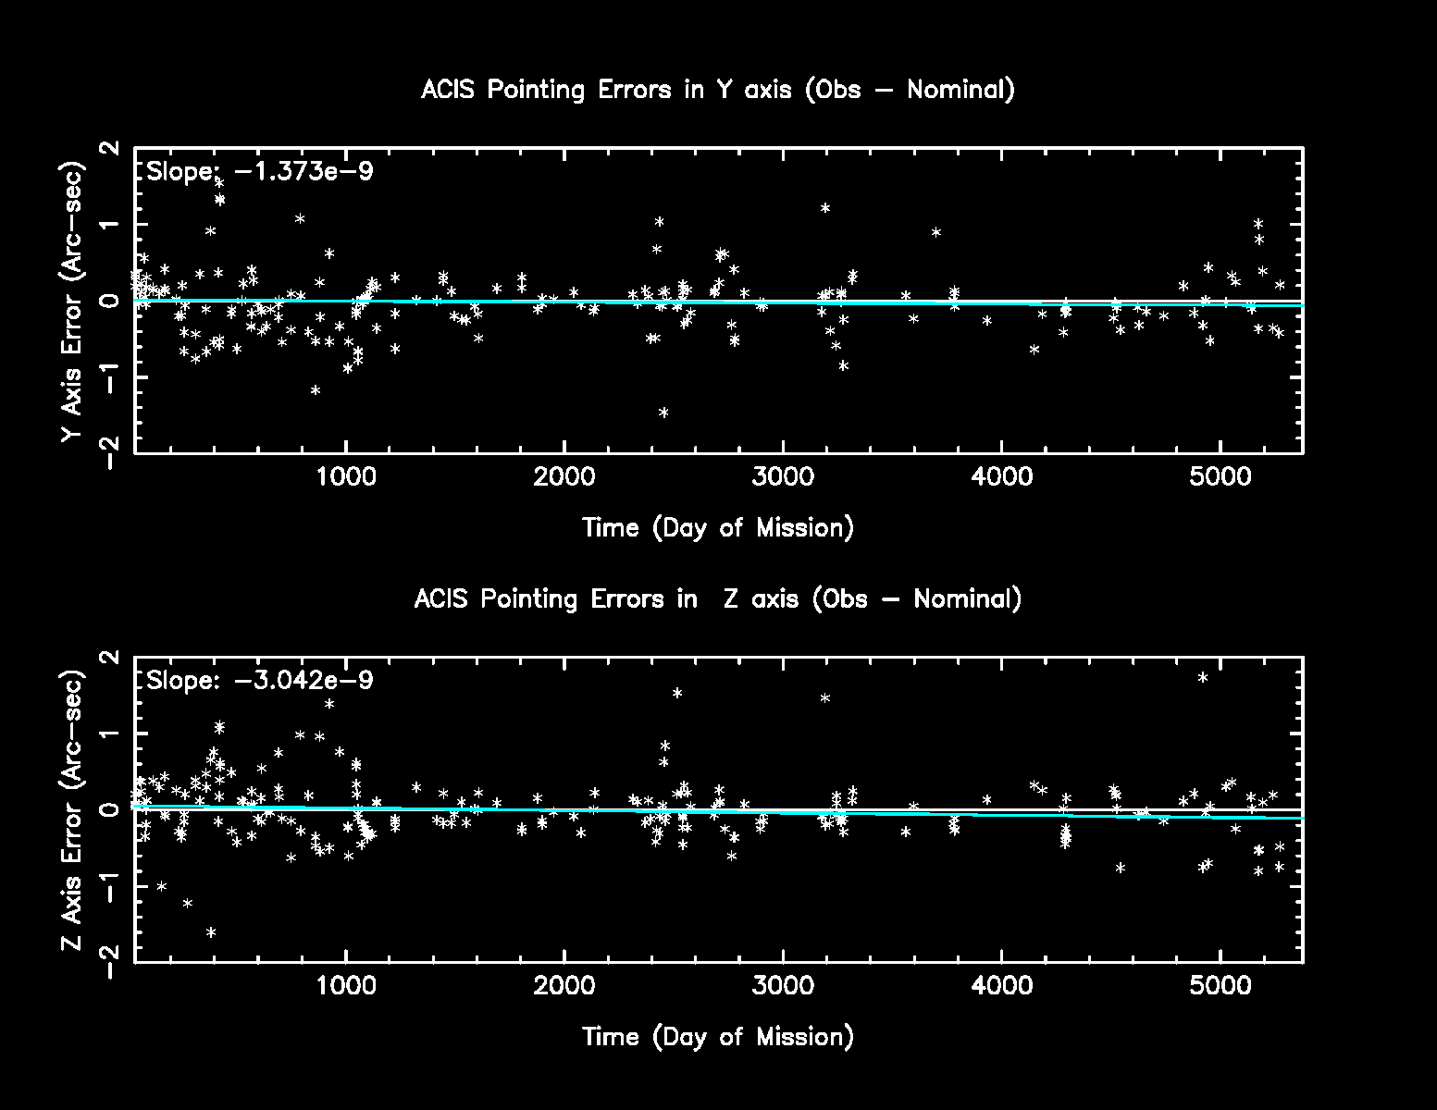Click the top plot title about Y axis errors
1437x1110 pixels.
[718, 90]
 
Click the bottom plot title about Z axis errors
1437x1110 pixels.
[718, 598]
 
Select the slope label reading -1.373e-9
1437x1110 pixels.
[260, 171]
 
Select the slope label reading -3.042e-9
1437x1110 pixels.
[260, 681]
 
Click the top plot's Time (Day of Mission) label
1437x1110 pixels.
[718, 527]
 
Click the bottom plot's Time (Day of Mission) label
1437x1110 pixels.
[718, 1036]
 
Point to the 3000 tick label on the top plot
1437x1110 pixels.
[783, 477]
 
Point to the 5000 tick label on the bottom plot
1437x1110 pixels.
[1220, 986]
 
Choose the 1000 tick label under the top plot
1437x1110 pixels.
[345, 477]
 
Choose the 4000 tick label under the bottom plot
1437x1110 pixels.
[1002, 986]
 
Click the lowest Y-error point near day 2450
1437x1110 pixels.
[663, 413]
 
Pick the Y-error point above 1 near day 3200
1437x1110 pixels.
[825, 208]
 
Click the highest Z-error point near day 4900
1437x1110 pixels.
[1203, 677]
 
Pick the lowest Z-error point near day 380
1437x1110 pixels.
[211, 932]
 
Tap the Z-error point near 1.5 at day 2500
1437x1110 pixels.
[677, 693]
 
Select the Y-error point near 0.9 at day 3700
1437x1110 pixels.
[936, 232]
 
